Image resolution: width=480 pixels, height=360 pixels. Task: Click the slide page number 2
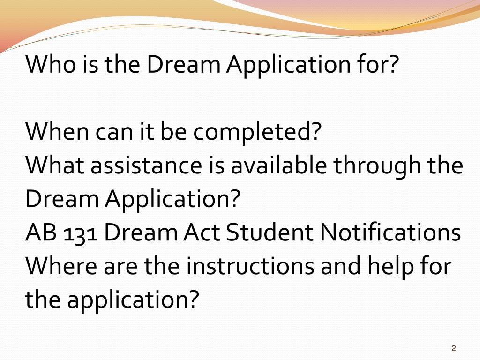point(453,348)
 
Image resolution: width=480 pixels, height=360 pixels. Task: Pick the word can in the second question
point(111,133)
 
